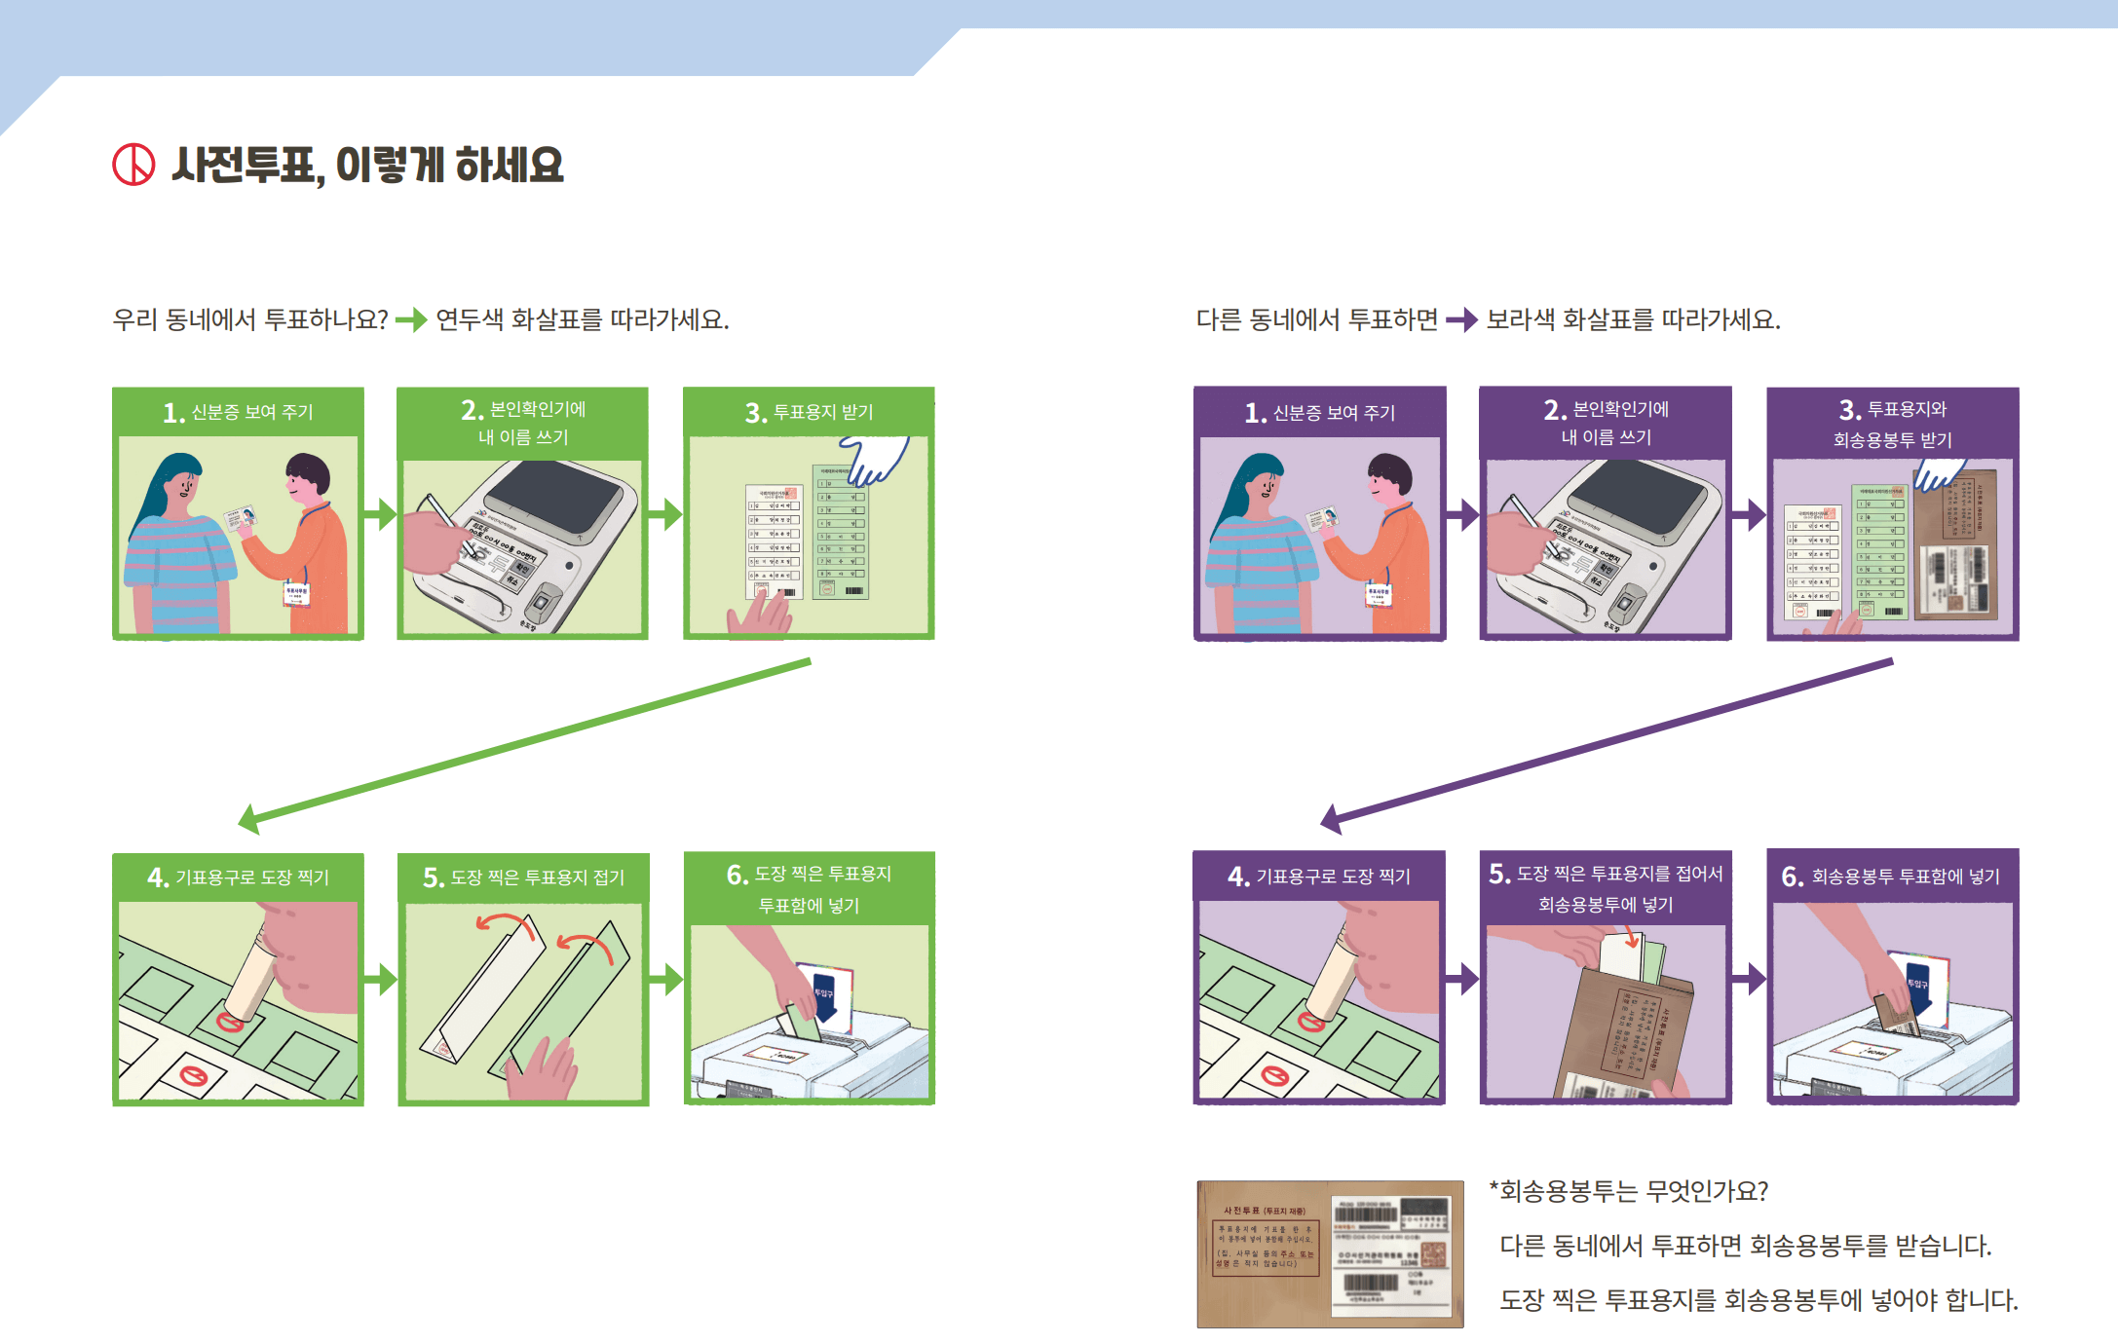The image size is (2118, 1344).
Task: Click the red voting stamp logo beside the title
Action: coord(133,165)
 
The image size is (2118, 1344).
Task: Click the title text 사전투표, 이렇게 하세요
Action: coord(367,166)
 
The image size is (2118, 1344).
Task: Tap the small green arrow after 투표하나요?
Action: coord(411,319)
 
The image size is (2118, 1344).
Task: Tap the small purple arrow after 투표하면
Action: coord(1461,319)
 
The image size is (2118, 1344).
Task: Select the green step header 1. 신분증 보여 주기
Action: coord(238,412)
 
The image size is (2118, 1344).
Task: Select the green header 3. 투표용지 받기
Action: coord(809,412)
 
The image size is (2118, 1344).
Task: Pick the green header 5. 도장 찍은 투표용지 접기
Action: coord(523,877)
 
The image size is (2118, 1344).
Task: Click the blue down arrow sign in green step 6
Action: coord(824,995)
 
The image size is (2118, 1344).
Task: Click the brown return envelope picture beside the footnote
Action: coord(1330,1254)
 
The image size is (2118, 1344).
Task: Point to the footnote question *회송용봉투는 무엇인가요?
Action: coord(1629,1191)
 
